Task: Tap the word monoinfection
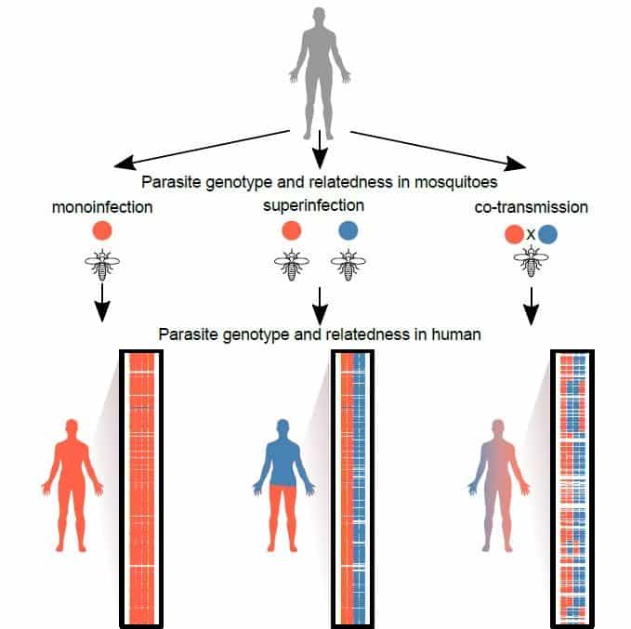coord(102,206)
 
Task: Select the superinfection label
coord(319,205)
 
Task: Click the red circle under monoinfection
coord(102,232)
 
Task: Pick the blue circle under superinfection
coord(348,232)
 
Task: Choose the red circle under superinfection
coord(291,232)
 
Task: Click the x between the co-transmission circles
coord(531,235)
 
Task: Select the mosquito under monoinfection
coord(102,267)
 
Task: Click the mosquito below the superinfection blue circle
coord(348,267)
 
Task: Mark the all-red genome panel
coord(141,489)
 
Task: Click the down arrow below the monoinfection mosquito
coord(102,306)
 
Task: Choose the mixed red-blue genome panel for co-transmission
coord(572,489)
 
